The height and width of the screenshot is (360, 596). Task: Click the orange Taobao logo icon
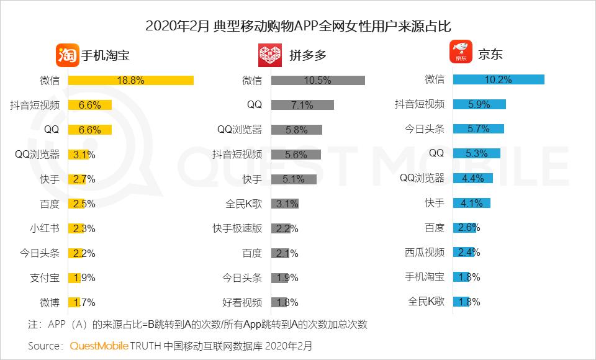click(68, 55)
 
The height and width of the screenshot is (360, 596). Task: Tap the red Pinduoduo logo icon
click(271, 55)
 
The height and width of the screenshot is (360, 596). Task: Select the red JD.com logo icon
click(461, 53)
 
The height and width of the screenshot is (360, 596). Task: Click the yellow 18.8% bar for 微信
click(131, 80)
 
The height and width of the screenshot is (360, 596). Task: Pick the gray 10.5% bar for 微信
click(318, 80)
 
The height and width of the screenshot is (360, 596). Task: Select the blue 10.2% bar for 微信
click(499, 79)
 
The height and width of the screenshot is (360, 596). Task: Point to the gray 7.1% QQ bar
click(302, 105)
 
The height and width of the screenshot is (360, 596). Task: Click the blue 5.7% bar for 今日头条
click(478, 129)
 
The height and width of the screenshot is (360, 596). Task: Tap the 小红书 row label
click(45, 228)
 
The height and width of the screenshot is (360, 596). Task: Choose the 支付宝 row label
click(45, 277)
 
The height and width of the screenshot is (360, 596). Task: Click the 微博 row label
click(50, 302)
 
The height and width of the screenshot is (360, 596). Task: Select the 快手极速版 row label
click(237, 228)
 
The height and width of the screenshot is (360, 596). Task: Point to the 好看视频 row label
click(242, 302)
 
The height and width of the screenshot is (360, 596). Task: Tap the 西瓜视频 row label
click(425, 253)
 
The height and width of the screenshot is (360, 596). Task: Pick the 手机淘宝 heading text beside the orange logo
click(106, 55)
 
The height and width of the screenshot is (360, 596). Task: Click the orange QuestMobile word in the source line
click(99, 345)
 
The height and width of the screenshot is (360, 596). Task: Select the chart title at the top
click(297, 26)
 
